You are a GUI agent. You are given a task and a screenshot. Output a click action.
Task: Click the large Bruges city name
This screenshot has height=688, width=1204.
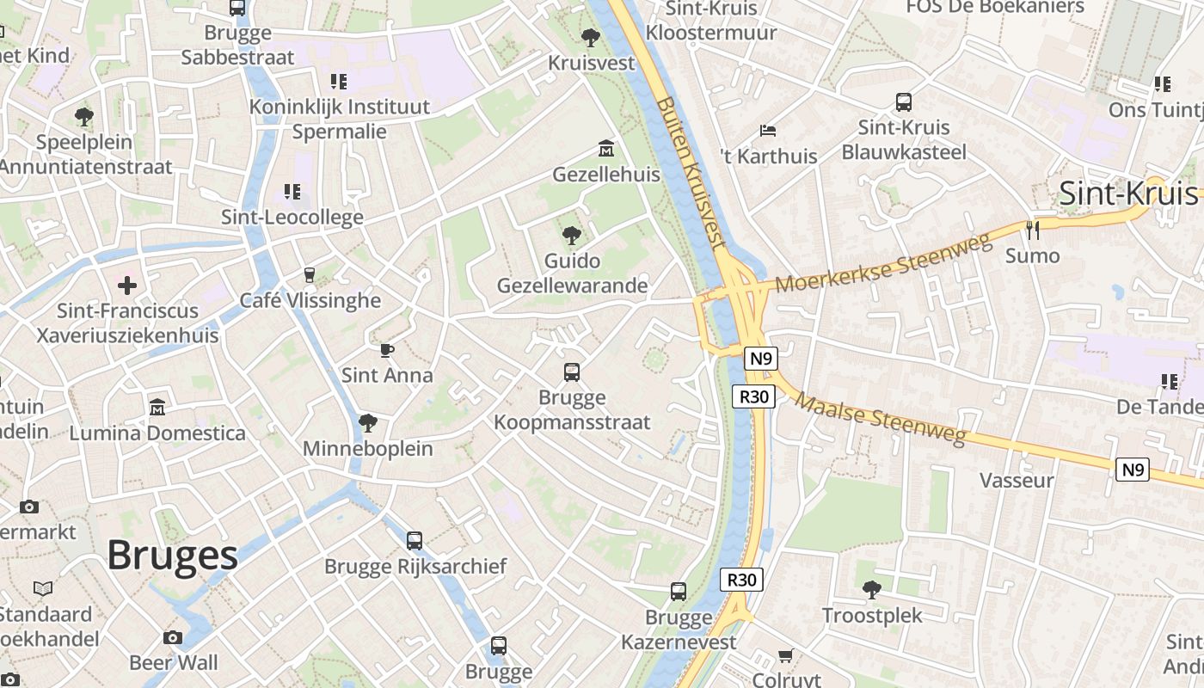172,556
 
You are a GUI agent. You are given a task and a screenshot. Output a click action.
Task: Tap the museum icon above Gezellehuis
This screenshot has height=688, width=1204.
605,149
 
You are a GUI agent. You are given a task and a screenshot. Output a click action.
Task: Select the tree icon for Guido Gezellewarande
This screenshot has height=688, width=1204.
571,235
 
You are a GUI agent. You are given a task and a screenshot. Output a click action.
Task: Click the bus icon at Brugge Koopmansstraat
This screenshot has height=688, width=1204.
572,372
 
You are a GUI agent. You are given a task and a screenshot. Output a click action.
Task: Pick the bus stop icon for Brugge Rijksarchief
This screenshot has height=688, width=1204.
415,541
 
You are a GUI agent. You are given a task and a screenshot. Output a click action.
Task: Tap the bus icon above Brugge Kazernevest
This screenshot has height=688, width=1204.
679,592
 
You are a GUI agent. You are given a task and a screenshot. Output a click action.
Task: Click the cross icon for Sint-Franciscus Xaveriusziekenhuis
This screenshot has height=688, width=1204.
127,285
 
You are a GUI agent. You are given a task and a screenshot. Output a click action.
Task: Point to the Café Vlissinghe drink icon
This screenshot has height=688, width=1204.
310,275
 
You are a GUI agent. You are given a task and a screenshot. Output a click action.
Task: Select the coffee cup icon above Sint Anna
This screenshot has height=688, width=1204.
387,349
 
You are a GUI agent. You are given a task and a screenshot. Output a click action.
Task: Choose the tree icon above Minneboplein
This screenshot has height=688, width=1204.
368,422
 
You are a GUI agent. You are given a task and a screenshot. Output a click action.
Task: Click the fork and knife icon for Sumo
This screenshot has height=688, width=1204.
1033,230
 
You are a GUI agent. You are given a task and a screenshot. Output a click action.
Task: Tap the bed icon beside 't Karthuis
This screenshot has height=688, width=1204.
768,131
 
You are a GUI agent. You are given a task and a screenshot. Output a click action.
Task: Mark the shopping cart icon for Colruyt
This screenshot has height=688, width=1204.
785,656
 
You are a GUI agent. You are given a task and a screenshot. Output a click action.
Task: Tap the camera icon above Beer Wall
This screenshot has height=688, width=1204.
173,637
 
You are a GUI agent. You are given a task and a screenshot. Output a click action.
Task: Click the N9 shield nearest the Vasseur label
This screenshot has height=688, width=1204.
1133,470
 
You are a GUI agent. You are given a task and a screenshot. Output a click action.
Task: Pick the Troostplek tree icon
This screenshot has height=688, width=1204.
872,589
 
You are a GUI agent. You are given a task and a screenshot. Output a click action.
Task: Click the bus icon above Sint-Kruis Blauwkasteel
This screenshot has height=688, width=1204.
904,102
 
